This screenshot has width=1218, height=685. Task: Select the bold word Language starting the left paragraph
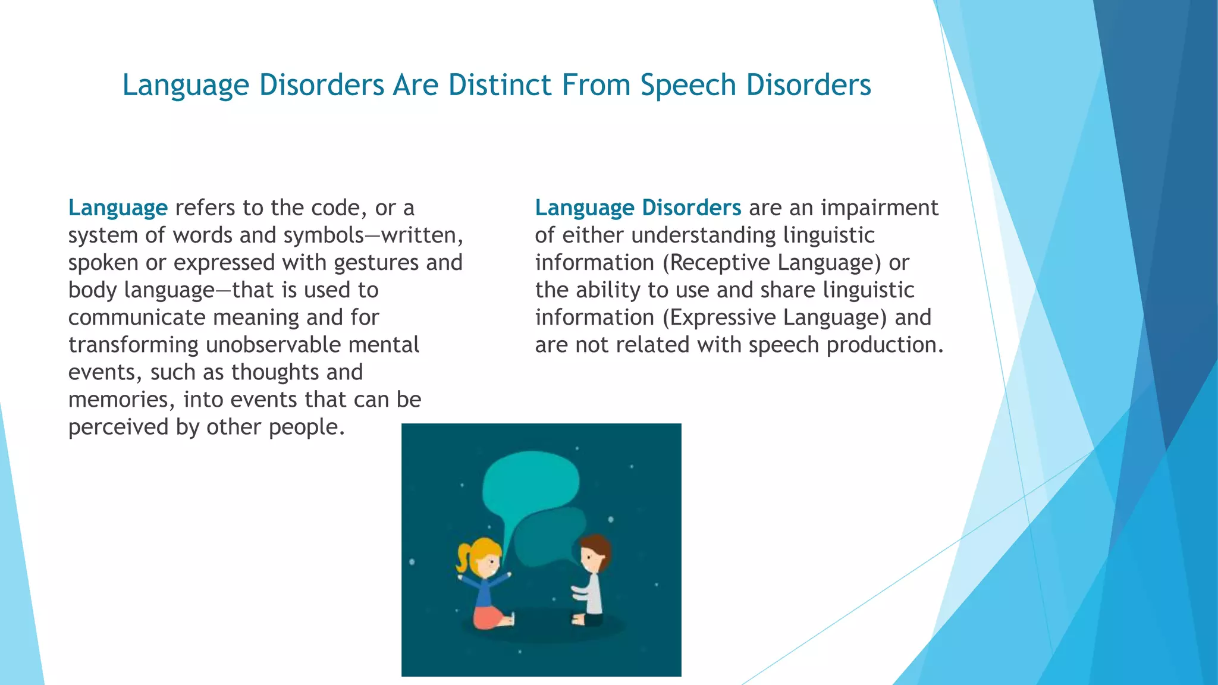coord(118,208)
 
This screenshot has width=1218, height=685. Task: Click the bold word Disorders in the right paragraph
coord(691,208)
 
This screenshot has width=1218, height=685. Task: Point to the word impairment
coord(879,208)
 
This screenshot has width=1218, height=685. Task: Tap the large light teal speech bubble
coord(529,482)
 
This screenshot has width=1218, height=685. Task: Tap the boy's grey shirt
coord(594,595)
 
